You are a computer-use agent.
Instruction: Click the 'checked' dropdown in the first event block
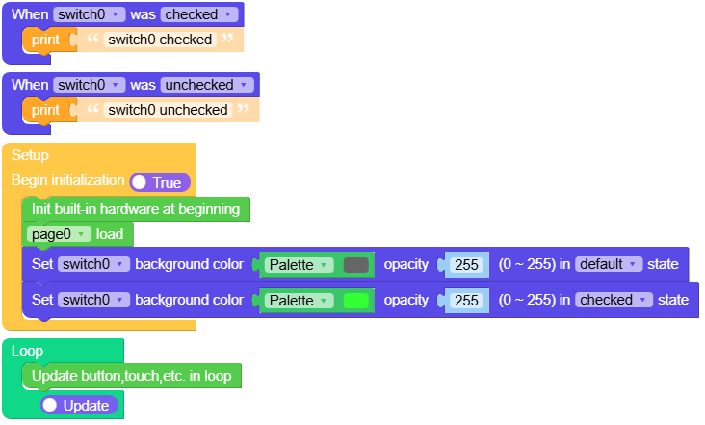(199, 15)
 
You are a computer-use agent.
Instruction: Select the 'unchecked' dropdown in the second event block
(207, 85)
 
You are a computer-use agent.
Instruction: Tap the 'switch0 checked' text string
(160, 40)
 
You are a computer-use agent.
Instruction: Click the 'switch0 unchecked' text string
(168, 110)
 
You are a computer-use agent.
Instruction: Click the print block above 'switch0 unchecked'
(44, 110)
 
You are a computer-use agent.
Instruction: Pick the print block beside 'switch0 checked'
(44, 40)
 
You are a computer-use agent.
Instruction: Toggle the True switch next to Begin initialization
(160, 182)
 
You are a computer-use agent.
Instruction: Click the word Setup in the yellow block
(30, 155)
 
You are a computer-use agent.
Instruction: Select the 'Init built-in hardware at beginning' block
(135, 208)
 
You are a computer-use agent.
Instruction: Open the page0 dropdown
(60, 234)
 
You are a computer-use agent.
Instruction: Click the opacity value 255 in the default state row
(466, 265)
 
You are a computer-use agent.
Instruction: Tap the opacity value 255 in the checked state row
(466, 301)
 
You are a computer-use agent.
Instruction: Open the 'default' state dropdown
(609, 265)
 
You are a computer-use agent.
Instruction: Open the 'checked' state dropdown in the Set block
(612, 300)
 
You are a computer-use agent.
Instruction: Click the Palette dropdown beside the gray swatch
(299, 265)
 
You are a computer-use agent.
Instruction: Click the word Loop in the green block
(27, 351)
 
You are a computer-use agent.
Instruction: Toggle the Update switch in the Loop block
(80, 406)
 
